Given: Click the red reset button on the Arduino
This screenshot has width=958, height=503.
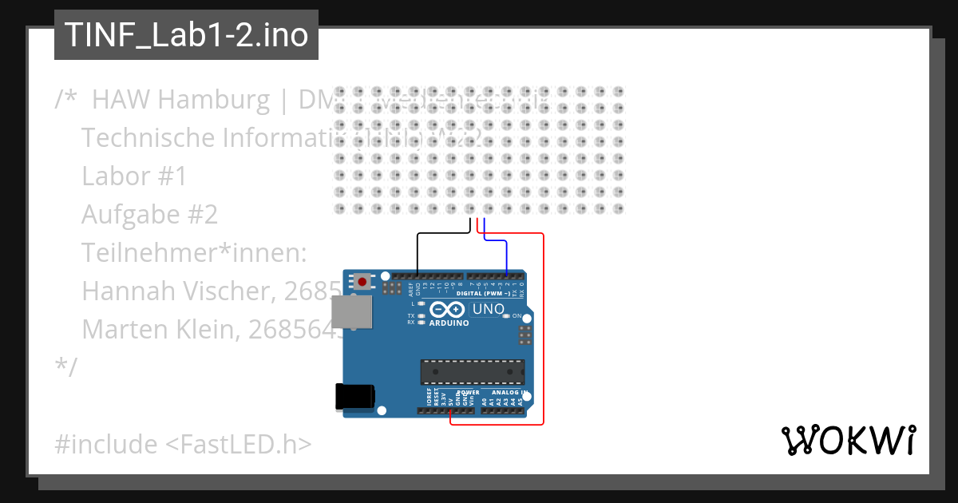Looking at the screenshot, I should [364, 282].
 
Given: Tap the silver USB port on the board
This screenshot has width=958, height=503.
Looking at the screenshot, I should [351, 311].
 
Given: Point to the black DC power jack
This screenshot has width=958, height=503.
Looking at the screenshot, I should [354, 397].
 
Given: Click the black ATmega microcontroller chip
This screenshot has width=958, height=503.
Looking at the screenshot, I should [473, 372].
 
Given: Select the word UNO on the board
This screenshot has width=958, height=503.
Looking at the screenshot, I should [489, 309].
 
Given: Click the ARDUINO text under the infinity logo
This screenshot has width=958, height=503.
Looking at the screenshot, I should [449, 323].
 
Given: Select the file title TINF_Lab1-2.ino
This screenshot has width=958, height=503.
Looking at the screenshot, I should [186, 35].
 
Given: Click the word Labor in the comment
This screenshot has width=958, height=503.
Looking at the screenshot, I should [112, 176].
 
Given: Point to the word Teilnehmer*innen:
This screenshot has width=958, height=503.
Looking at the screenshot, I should [194, 253].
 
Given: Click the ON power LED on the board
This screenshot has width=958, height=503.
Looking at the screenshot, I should [506, 316].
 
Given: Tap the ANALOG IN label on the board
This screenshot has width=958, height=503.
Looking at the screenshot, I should [509, 393].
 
